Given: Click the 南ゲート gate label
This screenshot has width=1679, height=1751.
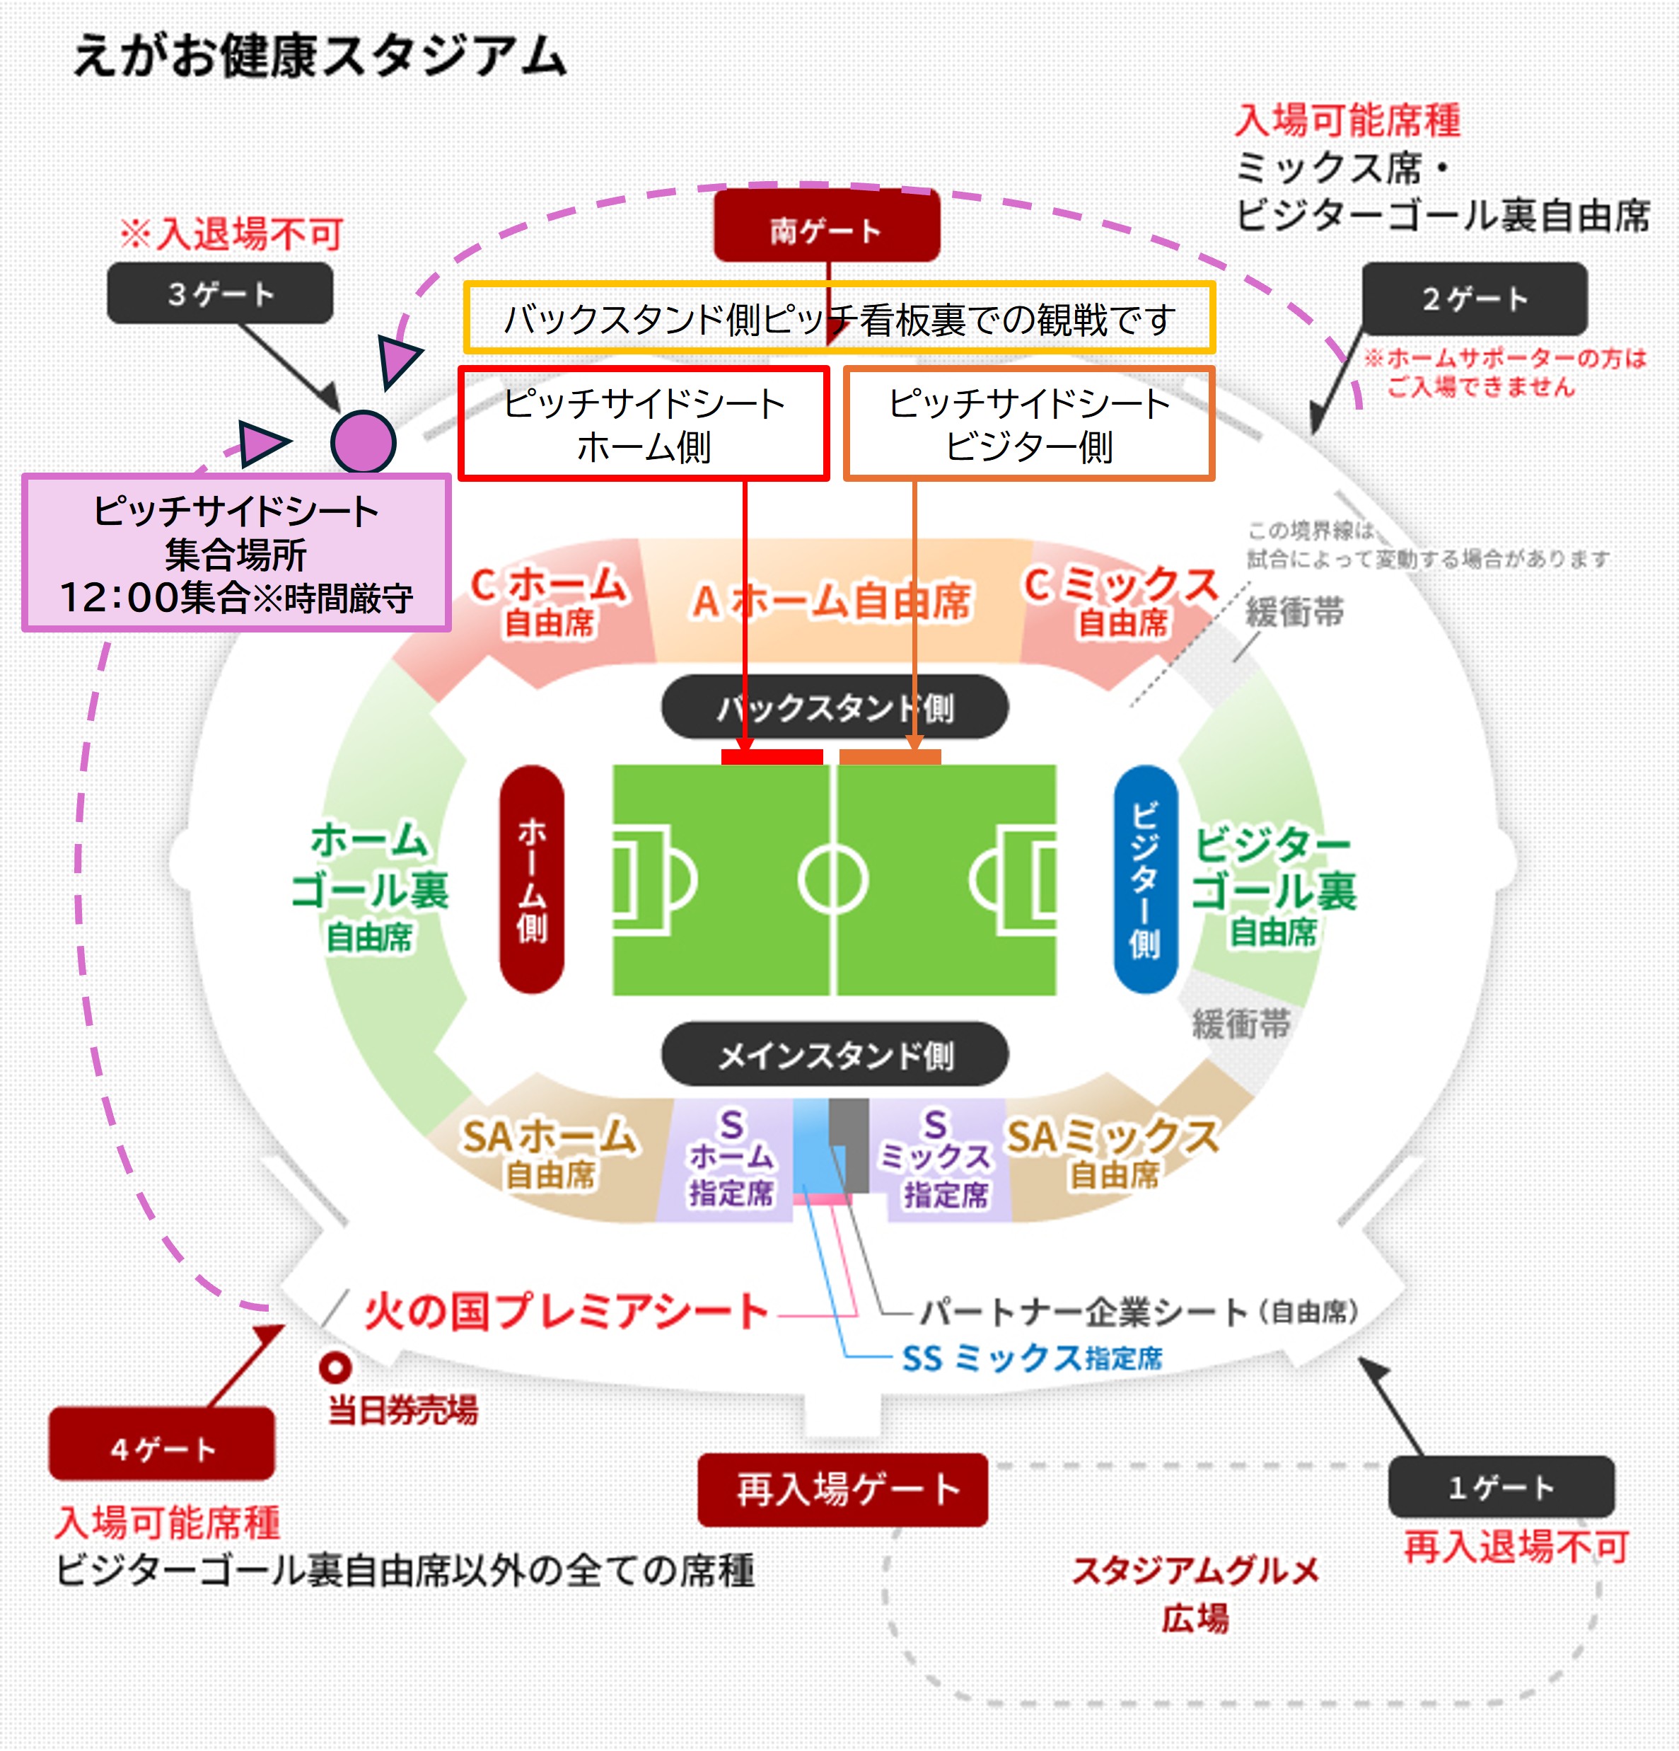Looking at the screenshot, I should (826, 229).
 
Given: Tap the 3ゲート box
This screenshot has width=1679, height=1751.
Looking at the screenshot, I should (220, 293).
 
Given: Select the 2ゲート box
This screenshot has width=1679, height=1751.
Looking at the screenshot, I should (1475, 299).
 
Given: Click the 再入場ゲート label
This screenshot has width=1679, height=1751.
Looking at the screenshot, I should (843, 1489).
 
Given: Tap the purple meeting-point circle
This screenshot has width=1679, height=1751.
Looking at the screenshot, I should (363, 441).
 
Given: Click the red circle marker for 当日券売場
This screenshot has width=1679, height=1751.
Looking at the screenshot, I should (335, 1367).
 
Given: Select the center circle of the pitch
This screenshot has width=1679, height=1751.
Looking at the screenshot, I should (832, 880).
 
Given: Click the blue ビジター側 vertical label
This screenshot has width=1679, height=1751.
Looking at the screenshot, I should (1145, 879).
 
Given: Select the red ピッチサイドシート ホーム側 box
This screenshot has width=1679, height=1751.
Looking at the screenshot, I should (644, 424).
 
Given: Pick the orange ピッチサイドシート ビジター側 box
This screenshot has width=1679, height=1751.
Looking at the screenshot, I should (1029, 424).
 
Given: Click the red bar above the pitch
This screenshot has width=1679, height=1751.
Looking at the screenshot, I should (772, 757).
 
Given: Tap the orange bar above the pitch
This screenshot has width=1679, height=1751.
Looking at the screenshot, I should (890, 757).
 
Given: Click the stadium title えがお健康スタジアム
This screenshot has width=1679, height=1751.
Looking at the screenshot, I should (320, 55).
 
